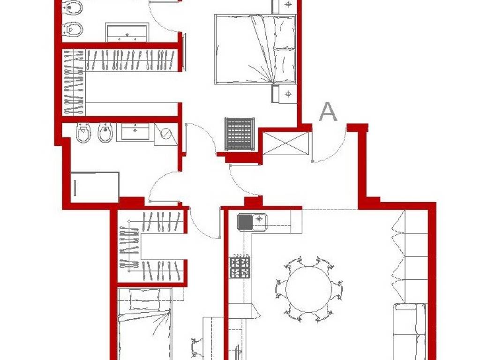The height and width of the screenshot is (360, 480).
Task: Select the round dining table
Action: (x=308, y=287)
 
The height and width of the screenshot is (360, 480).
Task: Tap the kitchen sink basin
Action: (x=245, y=221)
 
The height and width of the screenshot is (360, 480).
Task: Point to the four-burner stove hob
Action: (x=239, y=267)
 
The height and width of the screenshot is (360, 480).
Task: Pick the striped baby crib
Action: (x=240, y=134)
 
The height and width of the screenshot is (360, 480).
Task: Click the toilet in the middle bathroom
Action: (x=83, y=133)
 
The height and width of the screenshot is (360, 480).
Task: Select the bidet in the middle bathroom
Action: (x=105, y=133)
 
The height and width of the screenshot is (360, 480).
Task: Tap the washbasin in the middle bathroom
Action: (x=135, y=131)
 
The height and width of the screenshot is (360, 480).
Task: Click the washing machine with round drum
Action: (x=166, y=133)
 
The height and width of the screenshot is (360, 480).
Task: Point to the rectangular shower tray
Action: (x=95, y=187)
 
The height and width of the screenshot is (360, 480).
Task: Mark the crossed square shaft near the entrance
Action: (x=285, y=143)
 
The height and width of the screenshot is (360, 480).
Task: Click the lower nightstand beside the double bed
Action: (x=285, y=94)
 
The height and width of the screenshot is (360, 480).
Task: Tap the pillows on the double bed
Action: (x=284, y=49)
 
